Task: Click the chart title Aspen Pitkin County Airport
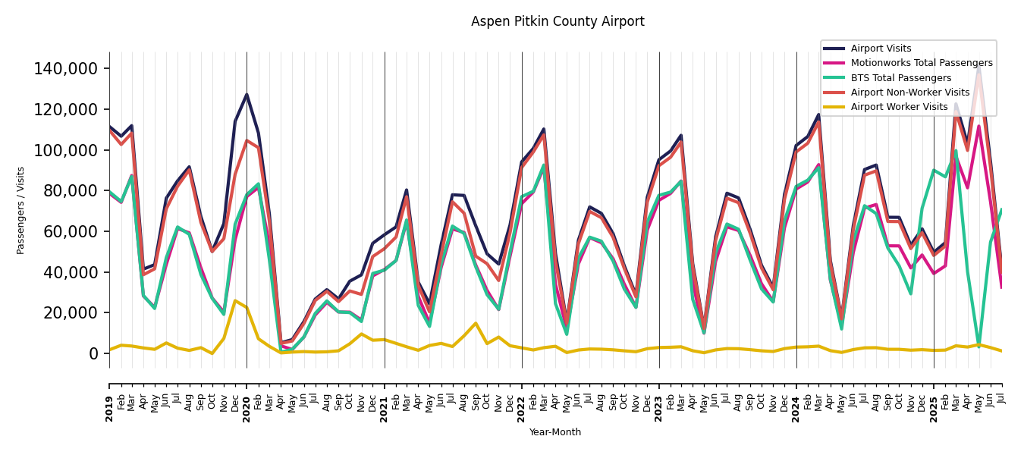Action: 558,21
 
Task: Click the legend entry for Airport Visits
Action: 881,49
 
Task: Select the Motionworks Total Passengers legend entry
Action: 922,63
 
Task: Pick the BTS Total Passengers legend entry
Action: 900,78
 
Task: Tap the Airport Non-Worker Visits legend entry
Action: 910,93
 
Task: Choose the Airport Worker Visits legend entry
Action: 899,107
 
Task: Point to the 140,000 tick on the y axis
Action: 66,69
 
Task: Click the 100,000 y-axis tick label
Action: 66,150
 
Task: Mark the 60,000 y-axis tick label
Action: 70,231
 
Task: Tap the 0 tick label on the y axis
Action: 93,353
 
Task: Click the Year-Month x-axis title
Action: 555,432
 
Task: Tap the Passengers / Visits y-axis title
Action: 21,210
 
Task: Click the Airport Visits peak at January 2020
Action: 247,95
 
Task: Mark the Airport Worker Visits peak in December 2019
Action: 235,301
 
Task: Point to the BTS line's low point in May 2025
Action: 979,347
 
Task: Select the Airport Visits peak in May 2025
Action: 979,65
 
